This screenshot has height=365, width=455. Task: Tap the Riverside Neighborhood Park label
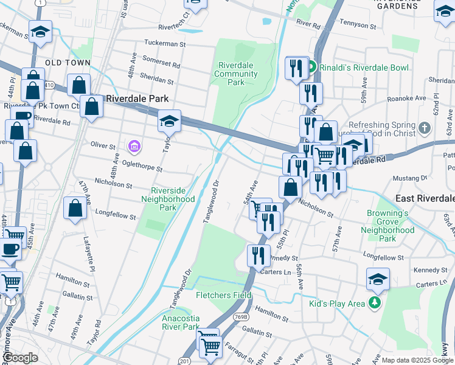pyautogui.click(x=168, y=199)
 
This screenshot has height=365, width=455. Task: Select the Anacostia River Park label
pyautogui.click(x=181, y=322)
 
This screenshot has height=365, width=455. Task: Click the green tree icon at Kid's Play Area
pyautogui.click(x=376, y=302)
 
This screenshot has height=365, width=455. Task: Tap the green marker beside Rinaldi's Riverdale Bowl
pyautogui.click(x=311, y=67)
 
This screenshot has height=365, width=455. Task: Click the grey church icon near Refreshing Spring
pyautogui.click(x=425, y=128)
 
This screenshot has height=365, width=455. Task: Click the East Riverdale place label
pyautogui.click(x=425, y=199)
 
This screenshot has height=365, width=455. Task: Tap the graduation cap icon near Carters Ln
pyautogui.click(x=378, y=279)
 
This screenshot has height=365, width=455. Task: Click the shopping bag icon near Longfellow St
pyautogui.click(x=74, y=208)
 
